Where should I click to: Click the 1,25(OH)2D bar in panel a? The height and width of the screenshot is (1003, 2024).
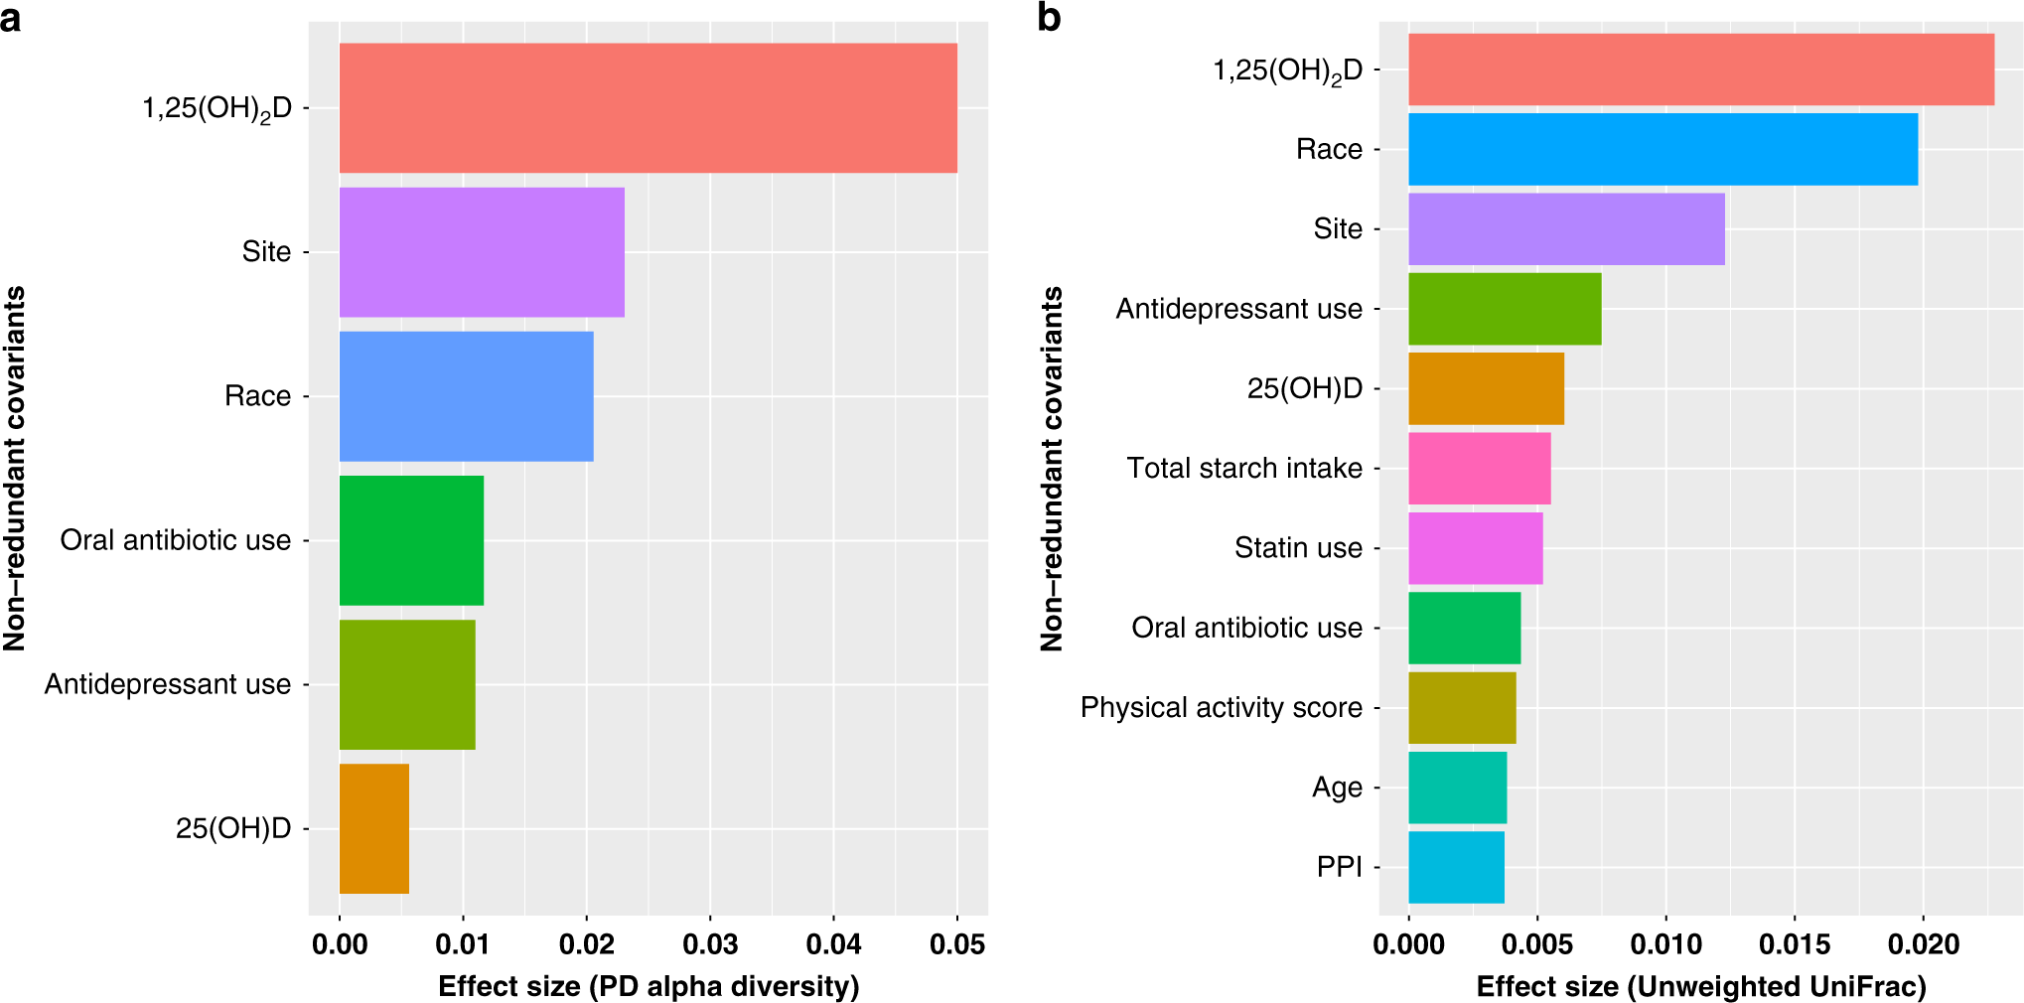pyautogui.click(x=648, y=107)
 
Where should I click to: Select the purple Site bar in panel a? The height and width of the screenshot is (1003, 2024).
pyautogui.click(x=482, y=252)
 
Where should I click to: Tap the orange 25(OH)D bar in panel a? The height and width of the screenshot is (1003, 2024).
pyautogui.click(x=374, y=828)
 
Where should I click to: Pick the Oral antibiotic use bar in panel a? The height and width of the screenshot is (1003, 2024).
pyautogui.click(x=411, y=540)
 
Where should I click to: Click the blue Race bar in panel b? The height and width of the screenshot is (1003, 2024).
pyautogui.click(x=1663, y=149)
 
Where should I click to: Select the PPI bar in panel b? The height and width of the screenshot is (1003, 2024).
pyautogui.click(x=1456, y=867)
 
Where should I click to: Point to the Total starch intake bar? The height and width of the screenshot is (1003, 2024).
pyautogui.click(x=1479, y=468)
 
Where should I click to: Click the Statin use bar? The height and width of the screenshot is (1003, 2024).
pyautogui.click(x=1475, y=548)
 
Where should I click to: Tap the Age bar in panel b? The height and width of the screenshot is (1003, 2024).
pyautogui.click(x=1457, y=788)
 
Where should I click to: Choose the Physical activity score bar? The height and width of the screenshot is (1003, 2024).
pyautogui.click(x=1462, y=707)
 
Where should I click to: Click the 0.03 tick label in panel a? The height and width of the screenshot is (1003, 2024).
pyautogui.click(x=709, y=943)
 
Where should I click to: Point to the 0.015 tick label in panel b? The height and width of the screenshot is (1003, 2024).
pyautogui.click(x=1794, y=943)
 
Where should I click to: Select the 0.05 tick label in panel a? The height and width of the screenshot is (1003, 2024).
pyautogui.click(x=956, y=943)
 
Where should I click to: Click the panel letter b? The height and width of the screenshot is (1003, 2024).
pyautogui.click(x=1049, y=17)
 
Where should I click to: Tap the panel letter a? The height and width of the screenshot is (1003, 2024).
pyautogui.click(x=11, y=17)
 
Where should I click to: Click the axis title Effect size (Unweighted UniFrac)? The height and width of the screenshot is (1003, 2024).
pyautogui.click(x=1700, y=986)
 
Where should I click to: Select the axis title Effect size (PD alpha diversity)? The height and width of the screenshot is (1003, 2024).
pyautogui.click(x=648, y=986)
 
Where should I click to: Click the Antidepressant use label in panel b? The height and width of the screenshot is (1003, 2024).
pyautogui.click(x=1238, y=309)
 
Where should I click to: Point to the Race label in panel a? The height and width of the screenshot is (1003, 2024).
pyautogui.click(x=257, y=396)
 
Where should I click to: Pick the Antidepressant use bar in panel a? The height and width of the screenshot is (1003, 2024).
pyautogui.click(x=407, y=684)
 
